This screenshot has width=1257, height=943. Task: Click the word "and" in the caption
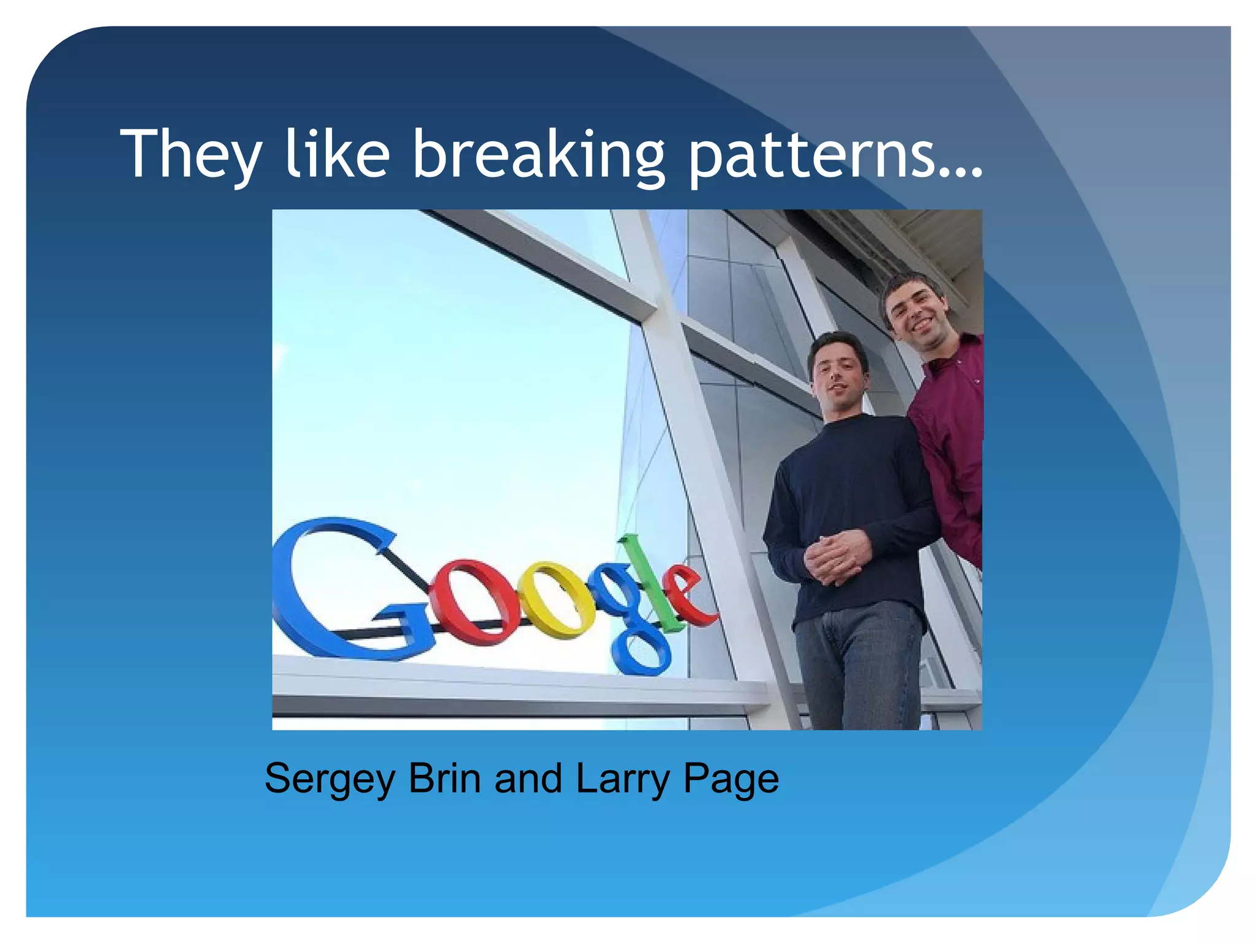click(528, 778)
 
